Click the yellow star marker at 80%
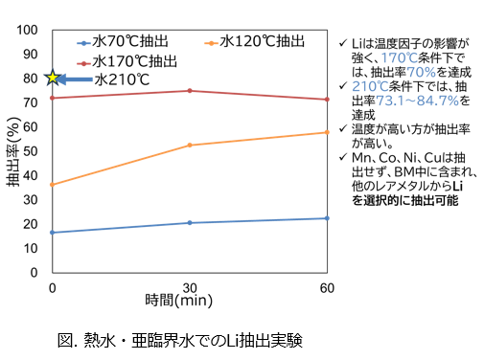[x=54, y=78]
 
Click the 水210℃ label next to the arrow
[x=122, y=79]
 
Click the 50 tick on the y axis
[x=31, y=150]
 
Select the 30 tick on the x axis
[x=190, y=286]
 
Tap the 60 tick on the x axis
[x=327, y=286]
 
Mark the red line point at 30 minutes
[x=190, y=91]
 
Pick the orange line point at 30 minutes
[x=190, y=145]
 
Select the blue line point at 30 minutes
[x=190, y=223]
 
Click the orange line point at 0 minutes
[x=53, y=185]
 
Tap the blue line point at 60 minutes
[x=327, y=218]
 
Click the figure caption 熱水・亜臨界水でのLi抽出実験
[x=179, y=339]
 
